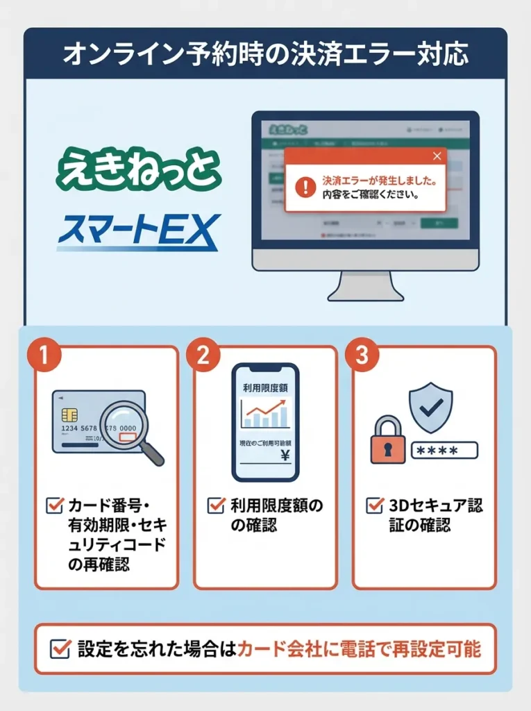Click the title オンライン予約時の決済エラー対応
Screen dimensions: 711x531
tap(265, 55)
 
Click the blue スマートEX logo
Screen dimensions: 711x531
tap(138, 232)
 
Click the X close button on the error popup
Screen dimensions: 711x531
tap(437, 156)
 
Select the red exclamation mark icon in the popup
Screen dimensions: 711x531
tap(305, 187)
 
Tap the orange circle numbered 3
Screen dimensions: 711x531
tap(362, 355)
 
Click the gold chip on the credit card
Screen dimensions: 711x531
tap(69, 415)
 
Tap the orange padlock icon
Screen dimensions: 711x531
tap(388, 440)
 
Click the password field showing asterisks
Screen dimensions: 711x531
tap(444, 451)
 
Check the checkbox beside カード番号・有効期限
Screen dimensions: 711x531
tap(54, 505)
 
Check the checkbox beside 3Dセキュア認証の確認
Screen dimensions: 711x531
tap(375, 505)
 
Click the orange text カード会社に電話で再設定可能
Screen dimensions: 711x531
tap(359, 649)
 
